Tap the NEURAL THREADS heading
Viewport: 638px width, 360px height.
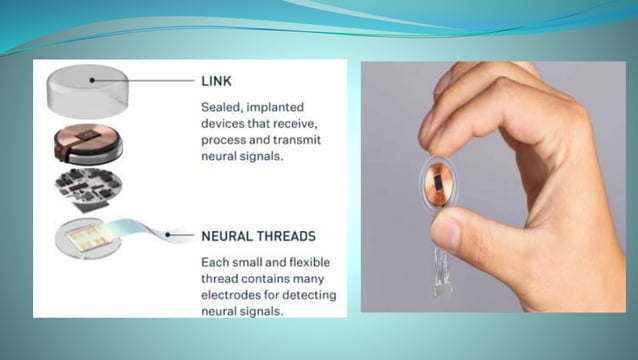coord(258,236)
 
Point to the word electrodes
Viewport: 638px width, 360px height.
coord(242,296)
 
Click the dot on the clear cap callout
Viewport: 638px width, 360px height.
coord(92,79)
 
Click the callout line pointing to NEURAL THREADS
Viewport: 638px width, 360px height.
coord(180,236)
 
